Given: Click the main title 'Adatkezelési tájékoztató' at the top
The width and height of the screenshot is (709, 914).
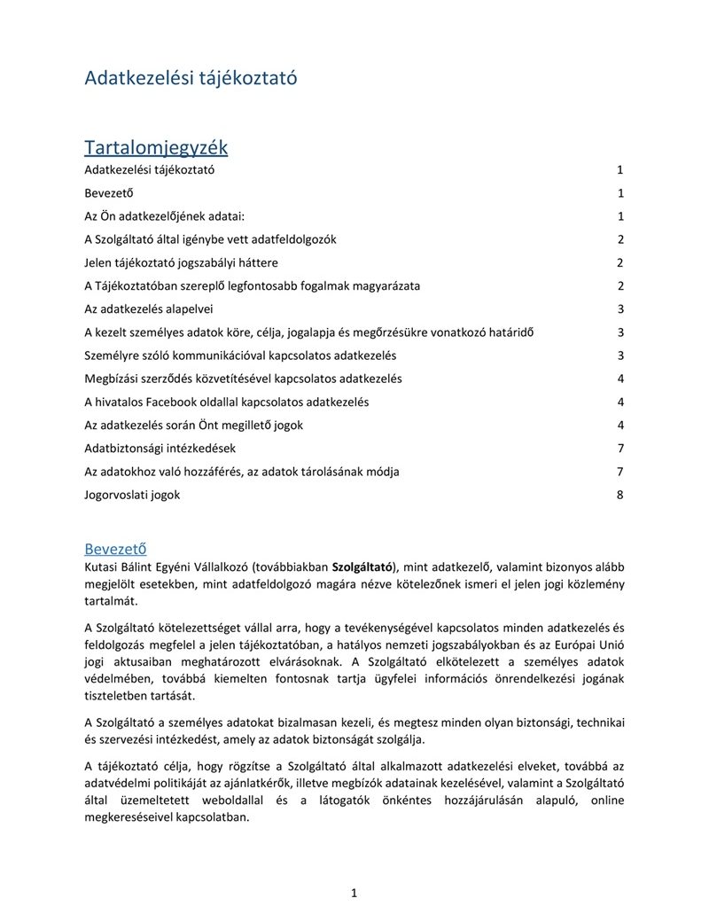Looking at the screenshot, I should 191,78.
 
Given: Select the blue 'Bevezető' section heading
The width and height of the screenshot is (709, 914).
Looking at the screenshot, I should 115,548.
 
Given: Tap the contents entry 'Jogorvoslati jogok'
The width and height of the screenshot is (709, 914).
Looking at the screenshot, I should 132,495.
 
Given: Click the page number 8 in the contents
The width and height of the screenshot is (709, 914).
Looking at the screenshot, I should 620,495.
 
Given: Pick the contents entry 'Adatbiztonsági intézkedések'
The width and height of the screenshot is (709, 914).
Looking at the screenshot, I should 160,449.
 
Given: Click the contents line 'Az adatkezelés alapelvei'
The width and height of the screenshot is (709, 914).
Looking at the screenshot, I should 149,309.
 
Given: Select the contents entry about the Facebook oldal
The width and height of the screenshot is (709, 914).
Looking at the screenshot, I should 227,402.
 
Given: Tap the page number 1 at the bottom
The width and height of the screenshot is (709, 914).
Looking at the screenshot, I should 354,893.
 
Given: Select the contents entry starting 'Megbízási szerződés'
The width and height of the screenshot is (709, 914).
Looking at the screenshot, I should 243,379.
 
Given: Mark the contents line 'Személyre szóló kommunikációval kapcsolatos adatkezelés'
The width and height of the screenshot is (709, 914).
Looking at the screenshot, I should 240,355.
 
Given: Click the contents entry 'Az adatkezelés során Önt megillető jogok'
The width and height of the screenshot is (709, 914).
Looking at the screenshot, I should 193,426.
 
